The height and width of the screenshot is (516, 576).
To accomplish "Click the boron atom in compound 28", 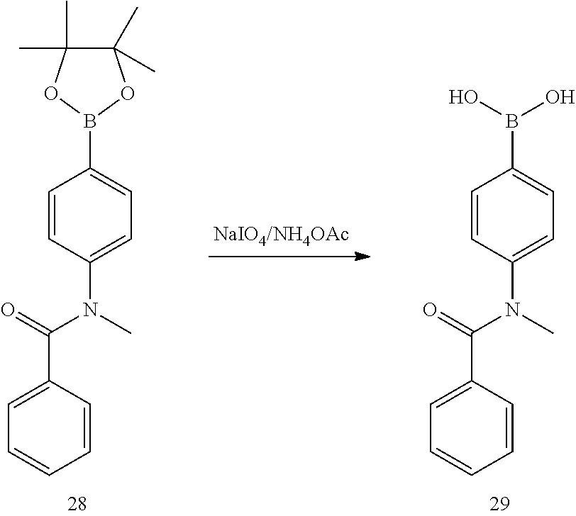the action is (x=89, y=123).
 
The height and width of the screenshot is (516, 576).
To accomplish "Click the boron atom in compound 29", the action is (x=511, y=123).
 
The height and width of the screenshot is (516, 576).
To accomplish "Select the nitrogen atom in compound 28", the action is (x=89, y=310).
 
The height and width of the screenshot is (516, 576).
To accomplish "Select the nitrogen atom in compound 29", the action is (x=511, y=310).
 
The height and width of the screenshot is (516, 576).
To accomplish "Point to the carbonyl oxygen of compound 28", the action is (x=9, y=309).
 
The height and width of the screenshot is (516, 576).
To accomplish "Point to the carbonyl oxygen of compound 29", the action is (x=430, y=309).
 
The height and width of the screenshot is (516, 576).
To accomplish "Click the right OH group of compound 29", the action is (x=560, y=96).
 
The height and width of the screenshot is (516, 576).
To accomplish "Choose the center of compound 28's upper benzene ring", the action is (x=89, y=216).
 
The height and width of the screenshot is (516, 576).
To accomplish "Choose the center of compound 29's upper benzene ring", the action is (x=511, y=216).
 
